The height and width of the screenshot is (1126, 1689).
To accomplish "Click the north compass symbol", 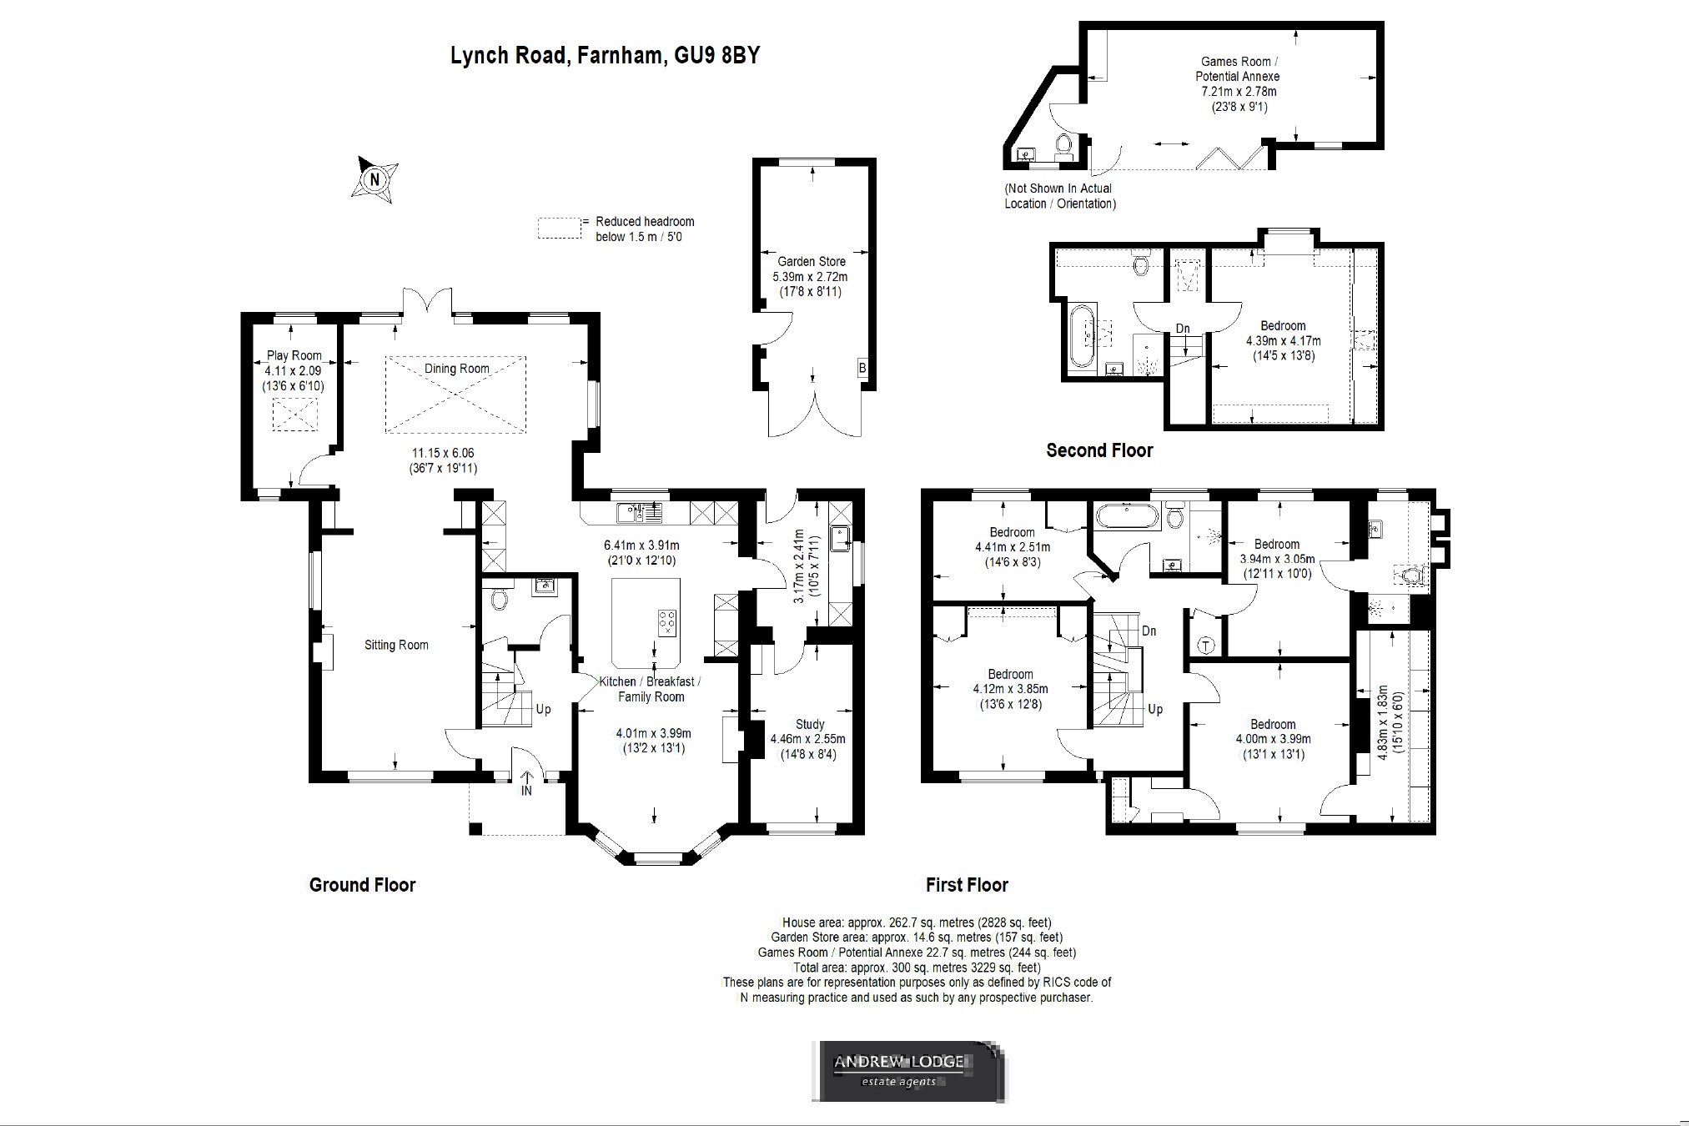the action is coord(374,178).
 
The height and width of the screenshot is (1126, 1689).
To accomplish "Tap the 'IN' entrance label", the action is coord(526,790).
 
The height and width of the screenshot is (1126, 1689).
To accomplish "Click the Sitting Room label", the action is coord(396,645).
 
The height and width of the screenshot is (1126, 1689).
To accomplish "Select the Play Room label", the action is coord(294,355).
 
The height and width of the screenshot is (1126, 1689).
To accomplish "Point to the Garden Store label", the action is coord(812,261).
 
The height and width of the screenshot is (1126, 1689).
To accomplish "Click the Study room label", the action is coord(809,724).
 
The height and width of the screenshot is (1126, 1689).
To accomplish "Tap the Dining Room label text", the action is coord(456,369).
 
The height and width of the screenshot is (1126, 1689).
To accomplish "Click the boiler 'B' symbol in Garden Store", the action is coord(862,368).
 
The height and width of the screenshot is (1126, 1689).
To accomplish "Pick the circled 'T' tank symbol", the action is coord(1206,646).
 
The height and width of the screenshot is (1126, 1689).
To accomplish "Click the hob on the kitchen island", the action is coord(667,623).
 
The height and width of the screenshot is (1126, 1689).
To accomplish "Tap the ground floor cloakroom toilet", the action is coord(500,598).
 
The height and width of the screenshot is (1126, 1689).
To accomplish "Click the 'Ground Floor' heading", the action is coord(362,885).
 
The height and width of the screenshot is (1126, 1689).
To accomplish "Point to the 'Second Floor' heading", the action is coord(1099,450).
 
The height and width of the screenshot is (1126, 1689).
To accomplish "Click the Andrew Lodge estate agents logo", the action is coord(908,1071).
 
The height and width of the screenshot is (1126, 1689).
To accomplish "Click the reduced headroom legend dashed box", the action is coord(559,228).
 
